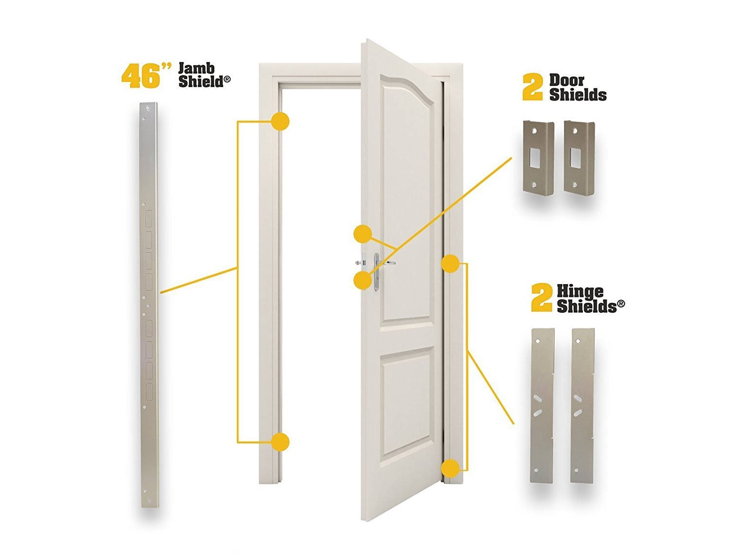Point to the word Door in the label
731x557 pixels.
coord(566,80)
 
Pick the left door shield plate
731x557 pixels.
coord(538,156)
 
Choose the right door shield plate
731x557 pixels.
coord(579,156)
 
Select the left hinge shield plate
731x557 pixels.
coord(542,406)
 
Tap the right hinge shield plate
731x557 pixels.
coord(583,405)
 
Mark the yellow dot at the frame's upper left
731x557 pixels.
coord(280,121)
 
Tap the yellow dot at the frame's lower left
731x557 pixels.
coord(280,442)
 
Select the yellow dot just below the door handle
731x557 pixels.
coord(363,280)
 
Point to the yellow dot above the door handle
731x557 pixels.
coord(363,234)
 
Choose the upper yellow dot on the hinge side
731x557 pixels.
coord(450,263)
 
